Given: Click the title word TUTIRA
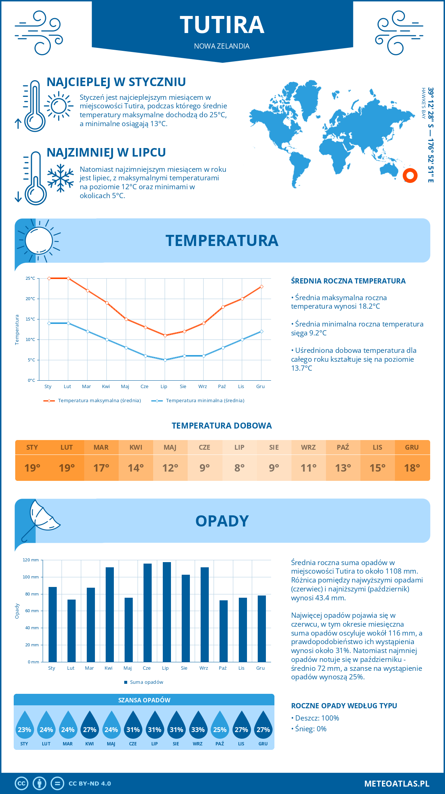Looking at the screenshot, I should pyautogui.click(x=222, y=25).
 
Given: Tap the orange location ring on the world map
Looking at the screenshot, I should pyautogui.click(x=410, y=175).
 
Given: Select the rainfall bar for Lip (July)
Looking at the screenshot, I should pyautogui.click(x=167, y=612).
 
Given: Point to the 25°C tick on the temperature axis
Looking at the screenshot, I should pyautogui.click(x=30, y=278).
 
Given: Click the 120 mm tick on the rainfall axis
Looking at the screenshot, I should pyautogui.click(x=31, y=560).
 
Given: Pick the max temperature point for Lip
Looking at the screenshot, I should pyautogui.click(x=165, y=335).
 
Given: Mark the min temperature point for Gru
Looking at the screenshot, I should pyautogui.click(x=261, y=331).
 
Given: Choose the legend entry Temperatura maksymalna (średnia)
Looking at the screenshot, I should pyautogui.click(x=99, y=401).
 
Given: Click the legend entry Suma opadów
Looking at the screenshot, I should pyautogui.click(x=146, y=682).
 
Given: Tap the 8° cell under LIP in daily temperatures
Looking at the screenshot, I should pyautogui.click(x=239, y=468).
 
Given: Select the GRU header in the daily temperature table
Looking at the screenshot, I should pyautogui.click(x=412, y=447).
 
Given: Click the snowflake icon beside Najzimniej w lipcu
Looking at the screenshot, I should pyautogui.click(x=60, y=178).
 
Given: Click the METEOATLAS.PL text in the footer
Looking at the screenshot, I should pyautogui.click(x=396, y=784).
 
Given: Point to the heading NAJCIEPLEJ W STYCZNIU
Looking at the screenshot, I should pyautogui.click(x=116, y=82).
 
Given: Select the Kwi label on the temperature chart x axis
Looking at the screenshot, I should pyautogui.click(x=106, y=387).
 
